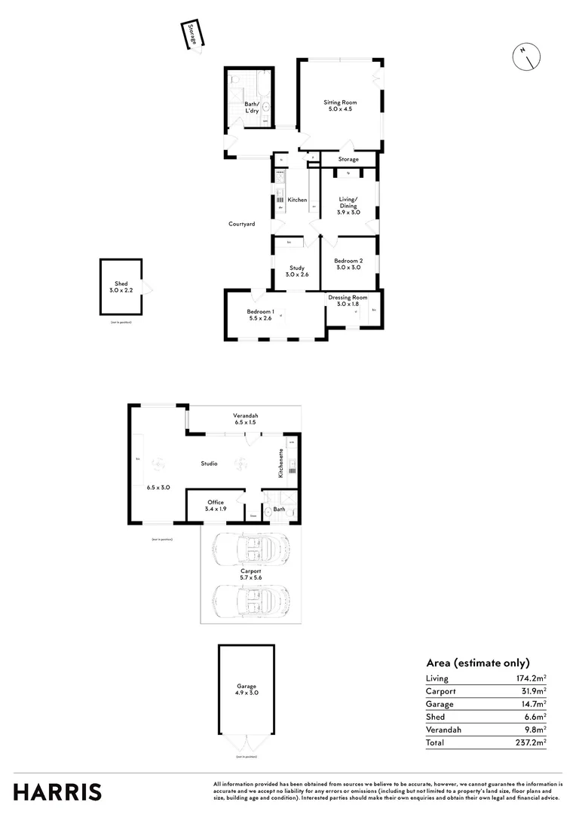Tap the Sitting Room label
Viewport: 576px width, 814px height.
tap(340, 103)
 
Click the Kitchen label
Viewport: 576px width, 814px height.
tap(297, 200)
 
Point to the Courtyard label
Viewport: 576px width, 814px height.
tap(242, 224)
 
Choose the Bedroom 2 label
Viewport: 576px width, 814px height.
tap(348, 261)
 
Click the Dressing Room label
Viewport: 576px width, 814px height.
tap(348, 298)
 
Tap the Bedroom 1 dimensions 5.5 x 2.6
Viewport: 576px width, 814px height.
tap(260, 318)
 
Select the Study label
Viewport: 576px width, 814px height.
tap(297, 268)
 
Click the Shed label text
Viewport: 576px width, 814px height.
tap(121, 283)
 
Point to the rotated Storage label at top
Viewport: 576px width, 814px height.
tap(193, 35)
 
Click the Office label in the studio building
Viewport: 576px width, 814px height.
tap(216, 502)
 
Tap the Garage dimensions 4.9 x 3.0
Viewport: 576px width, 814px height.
tap(247, 692)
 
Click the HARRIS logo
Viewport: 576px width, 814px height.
tap(58, 792)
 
